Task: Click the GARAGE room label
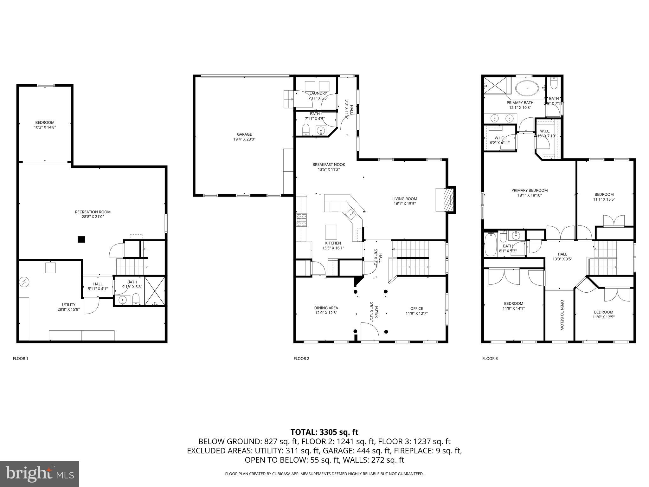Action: [244, 134]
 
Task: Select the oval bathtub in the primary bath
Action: [527, 88]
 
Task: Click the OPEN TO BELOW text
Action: [562, 315]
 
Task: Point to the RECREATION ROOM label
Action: [93, 212]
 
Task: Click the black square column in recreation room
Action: [81, 240]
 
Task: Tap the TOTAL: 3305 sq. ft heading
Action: [324, 432]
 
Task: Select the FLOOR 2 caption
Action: [301, 359]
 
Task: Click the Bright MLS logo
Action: [40, 474]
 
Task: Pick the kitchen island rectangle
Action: [331, 232]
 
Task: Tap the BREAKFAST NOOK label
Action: [329, 165]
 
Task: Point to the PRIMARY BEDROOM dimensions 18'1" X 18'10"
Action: [529, 195]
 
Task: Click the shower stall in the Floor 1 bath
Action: [155, 291]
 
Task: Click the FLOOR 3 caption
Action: [490, 359]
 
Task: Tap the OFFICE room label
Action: [416, 308]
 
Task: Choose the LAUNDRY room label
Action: [318, 93]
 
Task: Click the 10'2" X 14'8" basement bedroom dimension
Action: [45, 127]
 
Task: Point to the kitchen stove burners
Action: [301, 220]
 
